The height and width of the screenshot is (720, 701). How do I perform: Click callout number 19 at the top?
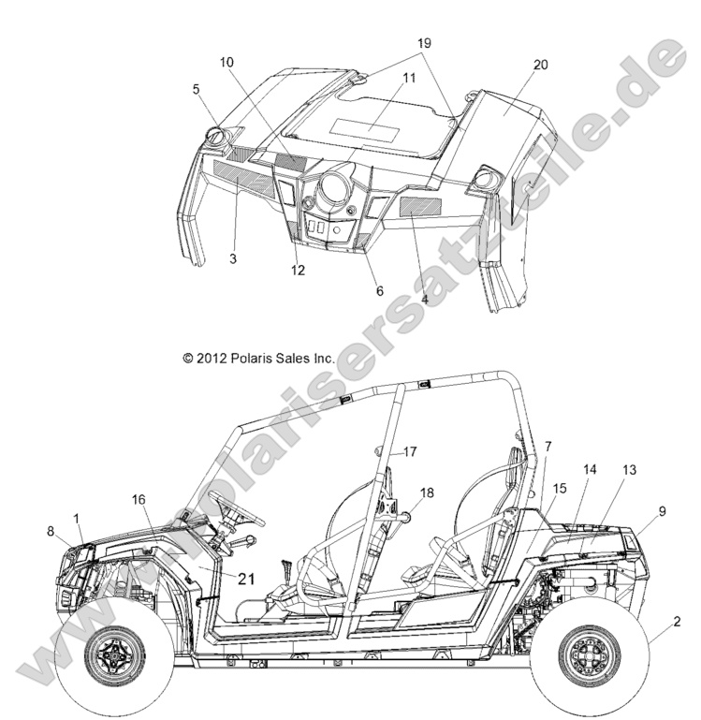424,43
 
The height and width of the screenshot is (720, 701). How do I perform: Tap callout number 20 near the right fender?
540,65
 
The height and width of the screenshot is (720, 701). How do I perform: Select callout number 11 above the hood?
409,78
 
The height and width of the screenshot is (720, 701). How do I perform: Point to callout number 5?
196,89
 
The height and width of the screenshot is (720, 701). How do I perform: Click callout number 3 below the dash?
233,259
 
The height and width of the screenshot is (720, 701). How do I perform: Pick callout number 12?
298,271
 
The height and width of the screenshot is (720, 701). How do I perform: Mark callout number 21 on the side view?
246,579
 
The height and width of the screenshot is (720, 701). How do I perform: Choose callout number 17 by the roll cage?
410,452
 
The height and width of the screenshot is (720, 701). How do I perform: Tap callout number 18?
427,492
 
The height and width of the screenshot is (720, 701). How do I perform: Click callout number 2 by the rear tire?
677,622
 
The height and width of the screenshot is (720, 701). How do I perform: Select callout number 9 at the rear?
662,511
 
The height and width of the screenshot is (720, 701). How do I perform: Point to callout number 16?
139,500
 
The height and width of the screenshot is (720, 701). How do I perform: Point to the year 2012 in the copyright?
212,359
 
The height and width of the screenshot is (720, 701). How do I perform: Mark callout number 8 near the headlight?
51,531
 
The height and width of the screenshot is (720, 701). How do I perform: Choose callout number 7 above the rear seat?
548,446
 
